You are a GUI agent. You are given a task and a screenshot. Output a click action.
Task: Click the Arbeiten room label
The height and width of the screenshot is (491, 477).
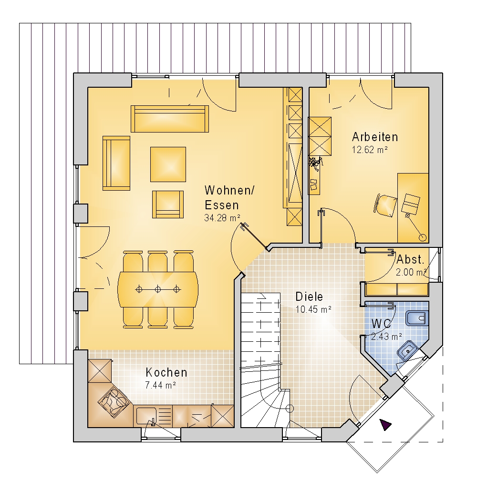point(375,137)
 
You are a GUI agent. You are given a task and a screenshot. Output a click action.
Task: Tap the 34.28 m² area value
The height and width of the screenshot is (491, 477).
point(222,218)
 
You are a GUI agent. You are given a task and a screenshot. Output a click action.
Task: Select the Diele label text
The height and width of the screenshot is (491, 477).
point(309,297)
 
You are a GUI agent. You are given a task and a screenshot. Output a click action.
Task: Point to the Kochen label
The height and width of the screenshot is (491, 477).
point(166,372)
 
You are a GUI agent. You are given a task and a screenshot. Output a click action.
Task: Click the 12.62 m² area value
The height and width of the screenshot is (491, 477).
point(370,150)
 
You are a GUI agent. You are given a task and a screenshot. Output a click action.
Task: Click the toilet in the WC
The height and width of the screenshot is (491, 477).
point(417,318)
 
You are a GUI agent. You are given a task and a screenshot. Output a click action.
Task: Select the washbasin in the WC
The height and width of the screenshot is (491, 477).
point(408,351)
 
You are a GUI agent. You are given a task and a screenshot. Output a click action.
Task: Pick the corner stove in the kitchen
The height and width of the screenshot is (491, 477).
point(114,401)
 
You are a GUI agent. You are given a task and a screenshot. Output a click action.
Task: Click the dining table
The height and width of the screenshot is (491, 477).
point(158,289)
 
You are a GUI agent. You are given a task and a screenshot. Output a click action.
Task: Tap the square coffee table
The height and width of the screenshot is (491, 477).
point(168,164)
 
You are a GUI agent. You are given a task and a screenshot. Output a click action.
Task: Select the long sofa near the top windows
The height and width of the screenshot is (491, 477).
point(169,119)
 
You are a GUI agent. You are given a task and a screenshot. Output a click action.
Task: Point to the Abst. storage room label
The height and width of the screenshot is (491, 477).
point(410,260)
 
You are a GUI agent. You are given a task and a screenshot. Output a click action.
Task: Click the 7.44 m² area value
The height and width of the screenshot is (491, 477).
point(160,385)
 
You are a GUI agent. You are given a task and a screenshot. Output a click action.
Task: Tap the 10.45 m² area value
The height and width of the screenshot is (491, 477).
point(313,309)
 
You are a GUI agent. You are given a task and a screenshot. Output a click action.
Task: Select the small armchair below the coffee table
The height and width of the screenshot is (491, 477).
point(168,204)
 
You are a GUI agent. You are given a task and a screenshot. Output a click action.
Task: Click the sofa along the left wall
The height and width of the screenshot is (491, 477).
point(116,163)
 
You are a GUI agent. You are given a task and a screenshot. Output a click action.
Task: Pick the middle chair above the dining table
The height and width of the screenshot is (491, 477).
point(158,261)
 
